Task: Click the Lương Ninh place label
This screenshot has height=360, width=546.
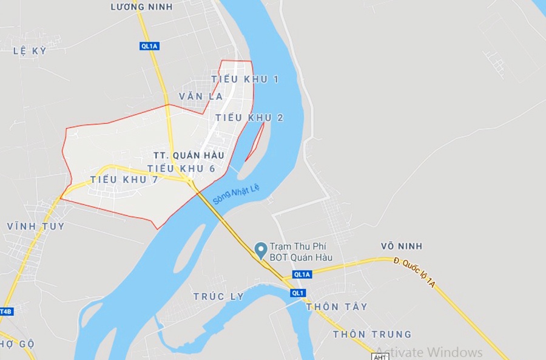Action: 142,7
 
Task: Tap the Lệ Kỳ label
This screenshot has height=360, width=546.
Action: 30,51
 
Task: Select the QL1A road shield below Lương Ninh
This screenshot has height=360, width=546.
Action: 149,46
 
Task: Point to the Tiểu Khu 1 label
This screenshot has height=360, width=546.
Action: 245,80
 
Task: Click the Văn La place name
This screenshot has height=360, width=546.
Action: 201,97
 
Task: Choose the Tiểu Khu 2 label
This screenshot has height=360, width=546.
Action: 249,118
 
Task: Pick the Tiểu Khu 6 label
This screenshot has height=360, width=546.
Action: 181,168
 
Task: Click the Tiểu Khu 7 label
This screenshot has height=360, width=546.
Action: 124,180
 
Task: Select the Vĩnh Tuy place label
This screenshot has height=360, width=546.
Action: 36,226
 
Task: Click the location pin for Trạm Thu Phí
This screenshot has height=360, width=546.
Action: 261,250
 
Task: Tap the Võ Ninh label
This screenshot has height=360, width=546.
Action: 401,246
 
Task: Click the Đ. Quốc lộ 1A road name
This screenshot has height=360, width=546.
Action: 415,273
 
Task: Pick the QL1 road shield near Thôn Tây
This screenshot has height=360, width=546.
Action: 297,293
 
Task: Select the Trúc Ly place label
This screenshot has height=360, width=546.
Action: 218,296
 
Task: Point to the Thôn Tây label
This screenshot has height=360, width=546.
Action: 337,307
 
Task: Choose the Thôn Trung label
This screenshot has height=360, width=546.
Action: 372,335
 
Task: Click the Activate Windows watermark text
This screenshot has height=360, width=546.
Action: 429,352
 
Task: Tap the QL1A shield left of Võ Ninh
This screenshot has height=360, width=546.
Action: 302,274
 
